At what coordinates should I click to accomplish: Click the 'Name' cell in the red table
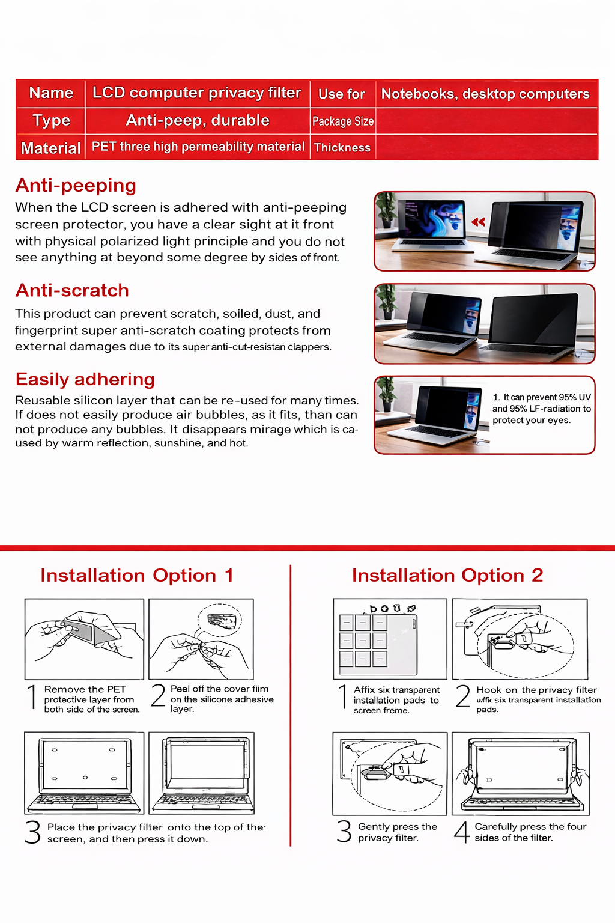[51, 93]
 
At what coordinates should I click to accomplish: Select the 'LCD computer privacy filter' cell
[197, 93]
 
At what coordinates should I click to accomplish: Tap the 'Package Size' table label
[343, 121]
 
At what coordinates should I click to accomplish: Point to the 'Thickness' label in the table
[342, 148]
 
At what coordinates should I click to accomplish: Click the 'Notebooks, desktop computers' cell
[485, 94]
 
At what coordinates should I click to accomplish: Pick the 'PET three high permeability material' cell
[198, 147]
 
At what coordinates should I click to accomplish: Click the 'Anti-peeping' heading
[76, 186]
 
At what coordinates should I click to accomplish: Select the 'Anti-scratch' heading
[72, 291]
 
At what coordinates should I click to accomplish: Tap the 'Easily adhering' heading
[85, 380]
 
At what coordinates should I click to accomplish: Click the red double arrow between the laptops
[479, 222]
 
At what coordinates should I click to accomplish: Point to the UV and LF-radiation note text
[542, 409]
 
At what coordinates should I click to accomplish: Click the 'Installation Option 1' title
[137, 576]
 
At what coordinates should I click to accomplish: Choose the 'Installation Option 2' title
[447, 576]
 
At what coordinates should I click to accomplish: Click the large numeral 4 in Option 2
[461, 833]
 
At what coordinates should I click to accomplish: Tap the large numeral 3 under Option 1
[32, 833]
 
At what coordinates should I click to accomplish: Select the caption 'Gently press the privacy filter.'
[397, 832]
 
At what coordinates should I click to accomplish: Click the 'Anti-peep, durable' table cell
[198, 121]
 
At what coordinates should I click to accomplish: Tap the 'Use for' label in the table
[342, 94]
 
